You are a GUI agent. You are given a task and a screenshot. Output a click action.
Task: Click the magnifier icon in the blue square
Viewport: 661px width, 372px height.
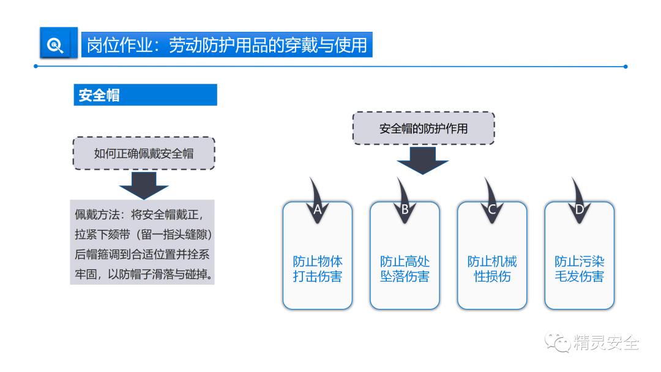click(56, 45)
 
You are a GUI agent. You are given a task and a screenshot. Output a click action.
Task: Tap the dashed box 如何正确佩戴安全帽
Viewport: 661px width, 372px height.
click(144, 153)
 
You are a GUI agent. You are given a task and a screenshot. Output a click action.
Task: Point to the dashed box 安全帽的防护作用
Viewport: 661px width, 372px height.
click(424, 128)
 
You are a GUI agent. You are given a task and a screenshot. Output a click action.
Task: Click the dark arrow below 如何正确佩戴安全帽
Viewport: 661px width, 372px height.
click(143, 185)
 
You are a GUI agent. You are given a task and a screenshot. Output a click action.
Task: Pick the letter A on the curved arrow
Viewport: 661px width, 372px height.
click(318, 209)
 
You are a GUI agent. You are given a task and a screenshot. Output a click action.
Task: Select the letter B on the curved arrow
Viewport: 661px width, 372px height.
click(405, 209)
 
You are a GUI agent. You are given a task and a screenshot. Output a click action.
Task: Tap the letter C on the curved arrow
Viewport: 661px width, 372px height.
click(492, 209)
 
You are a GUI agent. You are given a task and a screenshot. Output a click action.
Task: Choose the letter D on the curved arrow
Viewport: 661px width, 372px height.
click(579, 209)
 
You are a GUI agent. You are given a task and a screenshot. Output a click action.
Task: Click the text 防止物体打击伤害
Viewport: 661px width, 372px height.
click(318, 269)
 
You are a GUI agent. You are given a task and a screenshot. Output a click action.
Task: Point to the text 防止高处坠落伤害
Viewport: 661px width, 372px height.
click(405, 269)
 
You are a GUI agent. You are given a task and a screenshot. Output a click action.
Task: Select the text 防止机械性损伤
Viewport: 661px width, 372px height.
click(492, 269)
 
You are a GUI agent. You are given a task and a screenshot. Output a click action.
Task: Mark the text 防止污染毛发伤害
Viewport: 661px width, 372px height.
click(579, 269)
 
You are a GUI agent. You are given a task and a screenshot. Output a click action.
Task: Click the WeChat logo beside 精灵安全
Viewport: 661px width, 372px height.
click(558, 343)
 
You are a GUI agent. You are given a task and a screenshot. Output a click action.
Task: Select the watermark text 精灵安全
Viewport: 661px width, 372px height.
click(606, 343)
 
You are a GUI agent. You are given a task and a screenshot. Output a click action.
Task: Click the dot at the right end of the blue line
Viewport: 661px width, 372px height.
click(625, 67)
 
